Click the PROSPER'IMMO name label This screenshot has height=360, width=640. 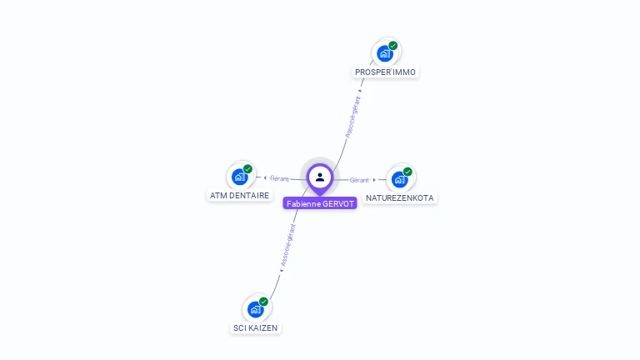click(385, 72)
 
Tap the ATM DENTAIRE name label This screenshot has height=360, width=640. click(240, 196)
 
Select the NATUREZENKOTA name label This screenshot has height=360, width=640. click(400, 198)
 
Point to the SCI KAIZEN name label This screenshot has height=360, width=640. click(255, 327)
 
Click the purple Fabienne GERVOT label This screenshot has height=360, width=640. click(320, 203)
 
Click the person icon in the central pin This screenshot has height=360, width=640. click(320, 177)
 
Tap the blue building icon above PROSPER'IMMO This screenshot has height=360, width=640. click(384, 53)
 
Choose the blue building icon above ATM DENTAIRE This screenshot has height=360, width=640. click(240, 177)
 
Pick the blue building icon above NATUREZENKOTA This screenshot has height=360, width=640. click(399, 180)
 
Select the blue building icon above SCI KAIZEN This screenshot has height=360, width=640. click(256, 310)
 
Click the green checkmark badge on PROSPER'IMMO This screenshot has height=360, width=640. click(393, 45)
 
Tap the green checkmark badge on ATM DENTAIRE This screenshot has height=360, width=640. click(247, 169)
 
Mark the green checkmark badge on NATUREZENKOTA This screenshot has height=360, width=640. click(407, 172)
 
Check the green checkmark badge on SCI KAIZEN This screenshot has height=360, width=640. click(263, 302)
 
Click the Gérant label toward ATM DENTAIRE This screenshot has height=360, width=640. click(279, 178)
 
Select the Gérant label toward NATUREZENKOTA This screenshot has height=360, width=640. click(359, 180)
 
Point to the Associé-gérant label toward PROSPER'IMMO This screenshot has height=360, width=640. click(353, 117)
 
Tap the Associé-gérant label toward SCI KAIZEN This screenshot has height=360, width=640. click(288, 245)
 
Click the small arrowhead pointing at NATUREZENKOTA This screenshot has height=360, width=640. click(374, 180)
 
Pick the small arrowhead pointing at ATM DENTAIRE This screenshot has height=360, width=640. click(265, 178)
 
